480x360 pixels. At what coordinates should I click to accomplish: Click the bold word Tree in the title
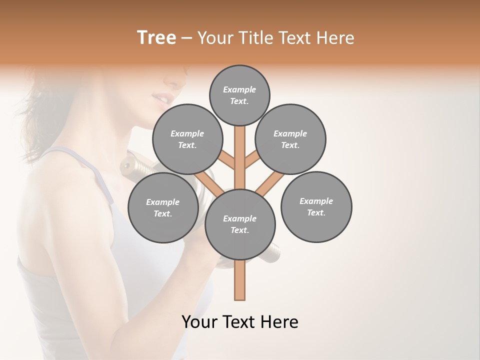(156, 38)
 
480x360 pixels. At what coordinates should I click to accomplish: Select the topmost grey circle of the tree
(239, 95)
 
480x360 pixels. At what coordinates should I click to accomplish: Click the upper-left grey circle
(187, 139)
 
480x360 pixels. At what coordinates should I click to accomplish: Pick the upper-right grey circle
(290, 139)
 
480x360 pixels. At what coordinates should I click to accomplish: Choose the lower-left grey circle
(163, 207)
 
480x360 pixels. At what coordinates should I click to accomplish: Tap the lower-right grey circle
(316, 206)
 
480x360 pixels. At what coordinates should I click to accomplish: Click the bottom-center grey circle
(240, 224)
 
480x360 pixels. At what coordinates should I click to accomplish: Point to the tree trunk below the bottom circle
(240, 280)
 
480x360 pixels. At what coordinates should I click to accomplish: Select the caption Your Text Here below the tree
(240, 322)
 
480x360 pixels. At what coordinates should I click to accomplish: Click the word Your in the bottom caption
(199, 322)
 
